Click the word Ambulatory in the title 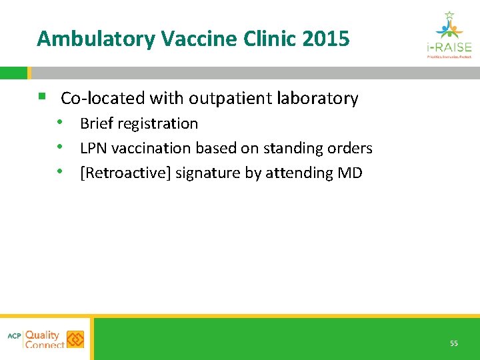click(96, 39)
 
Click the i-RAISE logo click(449, 35)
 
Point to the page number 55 click(454, 343)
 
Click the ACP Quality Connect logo click(46, 339)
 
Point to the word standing click(293, 148)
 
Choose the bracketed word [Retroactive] click(125, 173)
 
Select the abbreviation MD click(350, 173)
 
